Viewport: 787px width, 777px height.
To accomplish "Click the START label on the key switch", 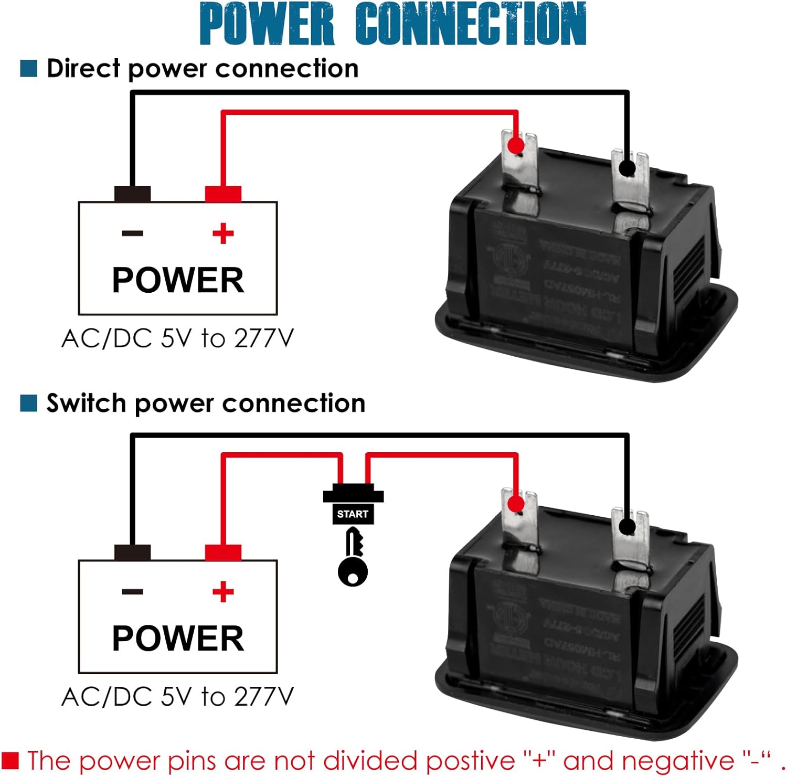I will pyautogui.click(x=353, y=514).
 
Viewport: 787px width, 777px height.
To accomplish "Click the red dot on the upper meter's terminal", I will pyautogui.click(x=516, y=145).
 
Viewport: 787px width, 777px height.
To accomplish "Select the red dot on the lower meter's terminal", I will pyautogui.click(x=516, y=504).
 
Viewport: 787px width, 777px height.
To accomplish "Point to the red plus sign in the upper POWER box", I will pyautogui.click(x=223, y=233).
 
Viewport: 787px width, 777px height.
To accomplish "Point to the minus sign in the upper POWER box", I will pyautogui.click(x=132, y=233).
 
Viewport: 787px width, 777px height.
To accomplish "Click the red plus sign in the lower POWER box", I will pyautogui.click(x=223, y=592).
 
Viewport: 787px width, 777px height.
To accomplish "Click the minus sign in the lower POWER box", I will pyautogui.click(x=132, y=592).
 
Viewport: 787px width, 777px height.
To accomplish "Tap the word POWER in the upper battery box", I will pyautogui.click(x=178, y=280).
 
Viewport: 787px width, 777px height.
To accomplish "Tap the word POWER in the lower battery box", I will pyautogui.click(x=178, y=638).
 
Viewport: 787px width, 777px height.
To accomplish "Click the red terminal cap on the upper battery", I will pyautogui.click(x=223, y=194).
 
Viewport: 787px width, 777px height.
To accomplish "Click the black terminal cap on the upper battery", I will pyautogui.click(x=132, y=194).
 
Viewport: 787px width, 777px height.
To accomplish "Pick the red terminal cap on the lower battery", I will pyautogui.click(x=223, y=553).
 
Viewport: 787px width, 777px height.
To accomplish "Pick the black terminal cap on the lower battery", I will pyautogui.click(x=132, y=553).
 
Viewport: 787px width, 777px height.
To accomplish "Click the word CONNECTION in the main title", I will pyautogui.click(x=470, y=24).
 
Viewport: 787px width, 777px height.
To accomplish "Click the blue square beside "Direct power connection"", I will pyautogui.click(x=29, y=69).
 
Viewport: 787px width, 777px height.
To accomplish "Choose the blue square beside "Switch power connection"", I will pyautogui.click(x=29, y=403).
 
